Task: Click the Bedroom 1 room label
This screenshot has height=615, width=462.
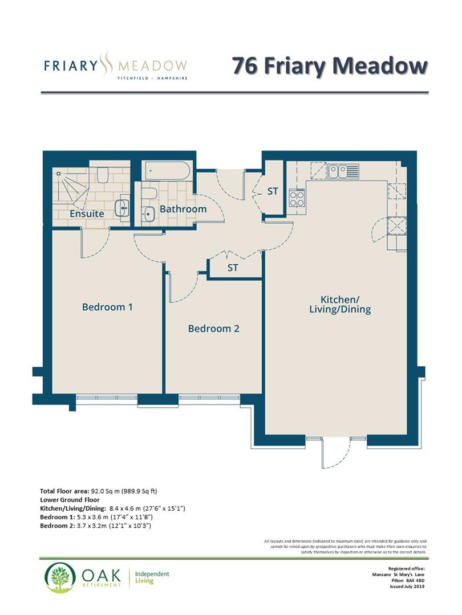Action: click(x=107, y=307)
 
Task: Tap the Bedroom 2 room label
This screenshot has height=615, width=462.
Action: click(x=213, y=329)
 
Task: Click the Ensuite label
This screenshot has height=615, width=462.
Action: click(x=87, y=214)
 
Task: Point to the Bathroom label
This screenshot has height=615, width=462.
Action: click(x=183, y=209)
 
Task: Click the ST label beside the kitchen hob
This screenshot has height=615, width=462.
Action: click(x=273, y=191)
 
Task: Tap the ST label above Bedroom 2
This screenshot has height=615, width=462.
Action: click(x=232, y=268)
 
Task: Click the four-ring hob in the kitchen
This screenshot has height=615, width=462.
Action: click(x=297, y=198)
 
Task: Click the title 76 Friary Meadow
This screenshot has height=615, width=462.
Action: click(x=329, y=65)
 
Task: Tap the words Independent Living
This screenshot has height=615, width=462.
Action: click(x=152, y=577)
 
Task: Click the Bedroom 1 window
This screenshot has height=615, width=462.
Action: click(x=107, y=399)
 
